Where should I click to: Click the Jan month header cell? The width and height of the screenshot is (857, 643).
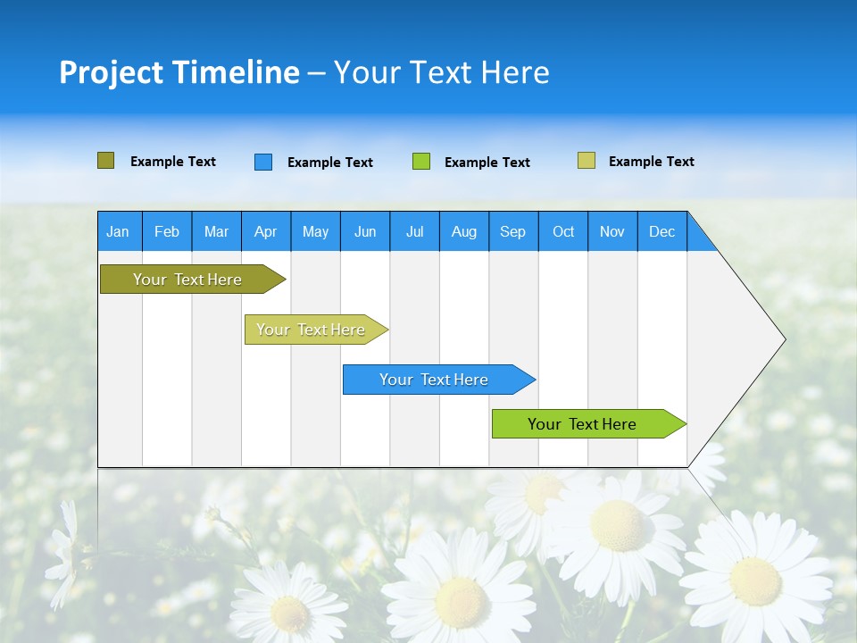[x=119, y=231]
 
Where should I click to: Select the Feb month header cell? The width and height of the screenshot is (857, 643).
[x=167, y=231]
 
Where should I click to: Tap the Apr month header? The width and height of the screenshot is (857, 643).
[x=266, y=231]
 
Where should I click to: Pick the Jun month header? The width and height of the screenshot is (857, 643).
[x=365, y=231]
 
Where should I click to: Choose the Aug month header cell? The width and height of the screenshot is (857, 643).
[x=464, y=231]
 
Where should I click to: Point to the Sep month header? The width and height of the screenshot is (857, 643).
[x=513, y=231]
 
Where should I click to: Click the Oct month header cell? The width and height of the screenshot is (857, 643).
[x=563, y=231]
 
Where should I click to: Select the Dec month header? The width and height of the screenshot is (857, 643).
[x=662, y=231]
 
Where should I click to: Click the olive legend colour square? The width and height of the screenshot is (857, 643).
[x=105, y=161]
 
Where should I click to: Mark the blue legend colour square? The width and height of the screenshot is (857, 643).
[x=263, y=162]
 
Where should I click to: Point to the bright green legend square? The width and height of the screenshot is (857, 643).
[x=421, y=162]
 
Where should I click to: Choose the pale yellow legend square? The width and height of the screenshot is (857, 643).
[x=587, y=161]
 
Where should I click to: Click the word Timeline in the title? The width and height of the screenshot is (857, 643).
[x=235, y=72]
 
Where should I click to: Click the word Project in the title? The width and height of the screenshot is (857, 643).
[x=111, y=72]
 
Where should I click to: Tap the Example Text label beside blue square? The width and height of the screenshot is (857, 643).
[x=330, y=163]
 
